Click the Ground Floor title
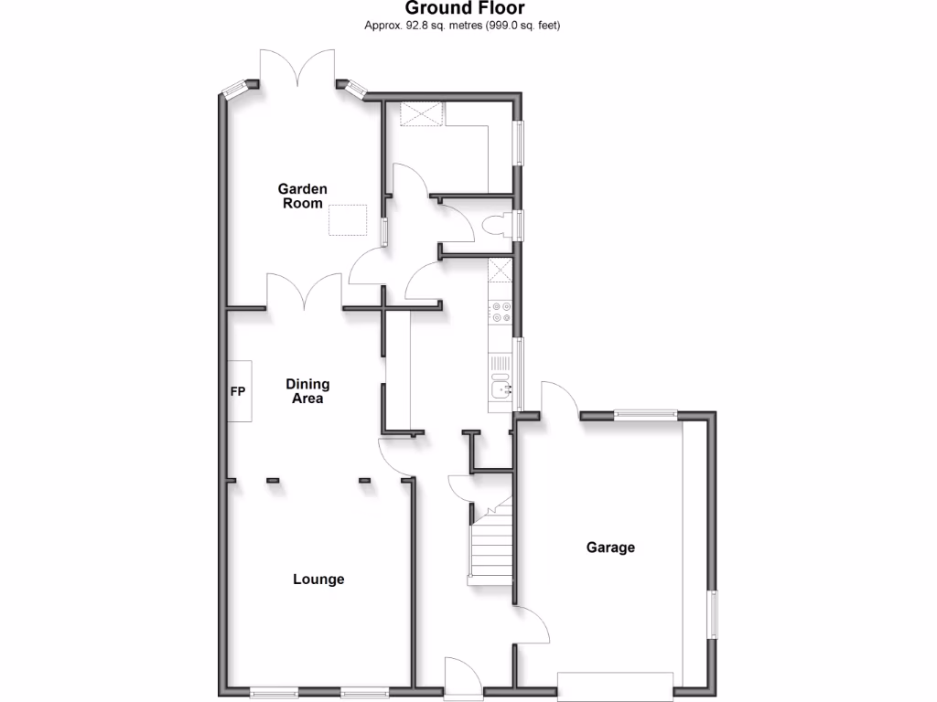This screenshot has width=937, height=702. tap(466, 9)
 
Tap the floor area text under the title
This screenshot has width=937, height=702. tap(462, 26)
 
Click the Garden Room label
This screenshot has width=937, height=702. tap(303, 196)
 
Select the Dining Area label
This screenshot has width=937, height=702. tap(307, 391)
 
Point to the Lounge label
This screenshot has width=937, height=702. tap(318, 579)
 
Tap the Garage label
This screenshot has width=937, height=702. tap(610, 548)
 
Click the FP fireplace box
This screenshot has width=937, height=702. tap(239, 391)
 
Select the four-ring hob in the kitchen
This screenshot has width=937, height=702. tap(501, 313)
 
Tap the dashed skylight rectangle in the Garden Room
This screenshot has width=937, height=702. tap(349, 220)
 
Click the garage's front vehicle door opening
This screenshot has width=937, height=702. tap(619, 686)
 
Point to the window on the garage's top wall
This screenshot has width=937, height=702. tap(646, 414)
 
